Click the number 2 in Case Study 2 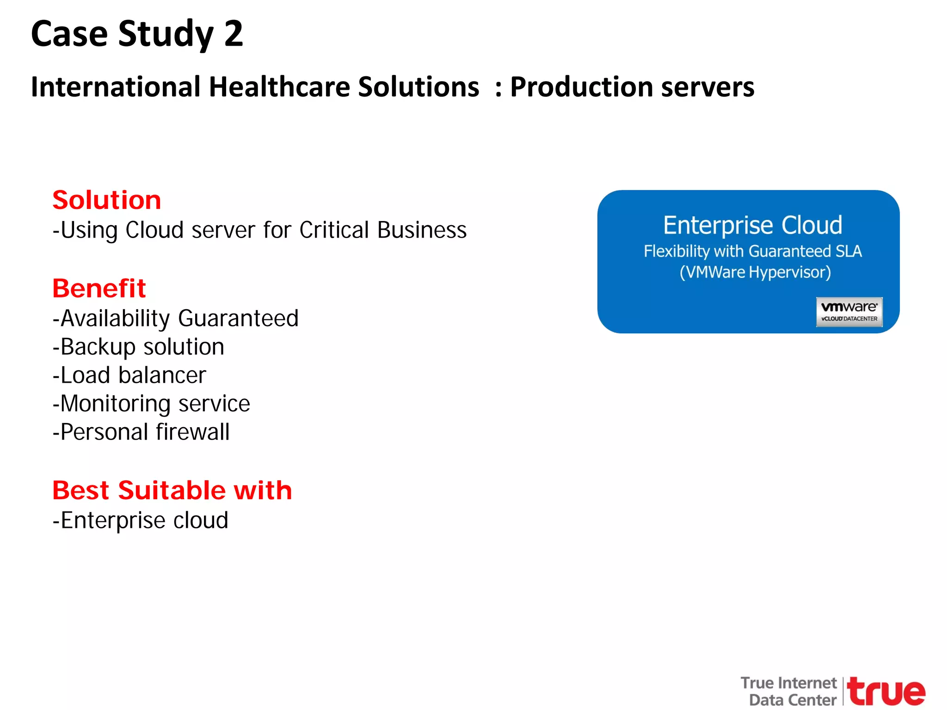233,34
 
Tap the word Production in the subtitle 580,87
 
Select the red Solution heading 107,200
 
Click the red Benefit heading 99,288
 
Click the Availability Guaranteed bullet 176,318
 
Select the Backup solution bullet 139,347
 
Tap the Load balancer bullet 129,375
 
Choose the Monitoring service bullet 151,404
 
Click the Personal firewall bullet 141,432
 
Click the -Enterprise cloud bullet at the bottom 141,520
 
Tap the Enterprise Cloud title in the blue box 753,225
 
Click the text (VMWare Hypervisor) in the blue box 755,272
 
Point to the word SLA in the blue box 849,251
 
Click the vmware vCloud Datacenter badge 849,312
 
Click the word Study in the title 166,34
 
